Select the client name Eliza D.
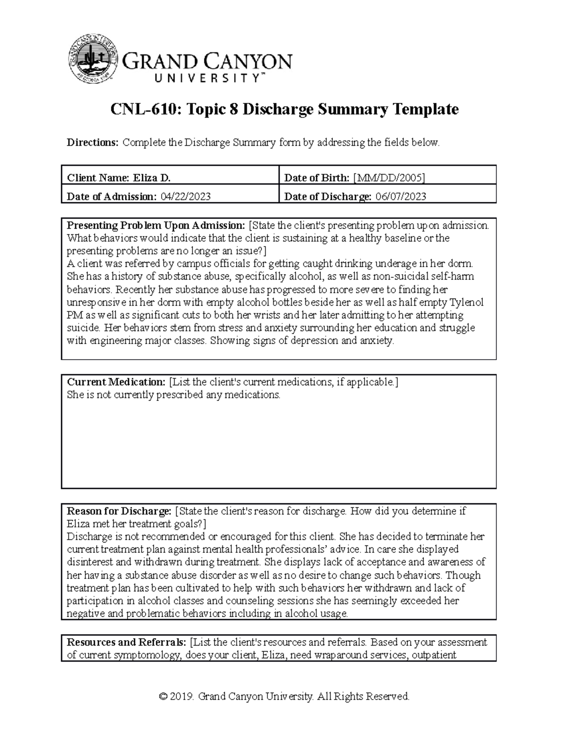click(x=150, y=178)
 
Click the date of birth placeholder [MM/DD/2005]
click(x=388, y=178)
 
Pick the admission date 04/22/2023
click(x=185, y=197)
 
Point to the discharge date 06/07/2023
click(x=401, y=197)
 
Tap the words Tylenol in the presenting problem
click(x=467, y=302)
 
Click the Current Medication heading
click(x=116, y=382)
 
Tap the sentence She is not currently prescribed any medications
click(x=174, y=395)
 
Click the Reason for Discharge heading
click(x=119, y=511)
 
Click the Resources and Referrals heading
click(x=126, y=643)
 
